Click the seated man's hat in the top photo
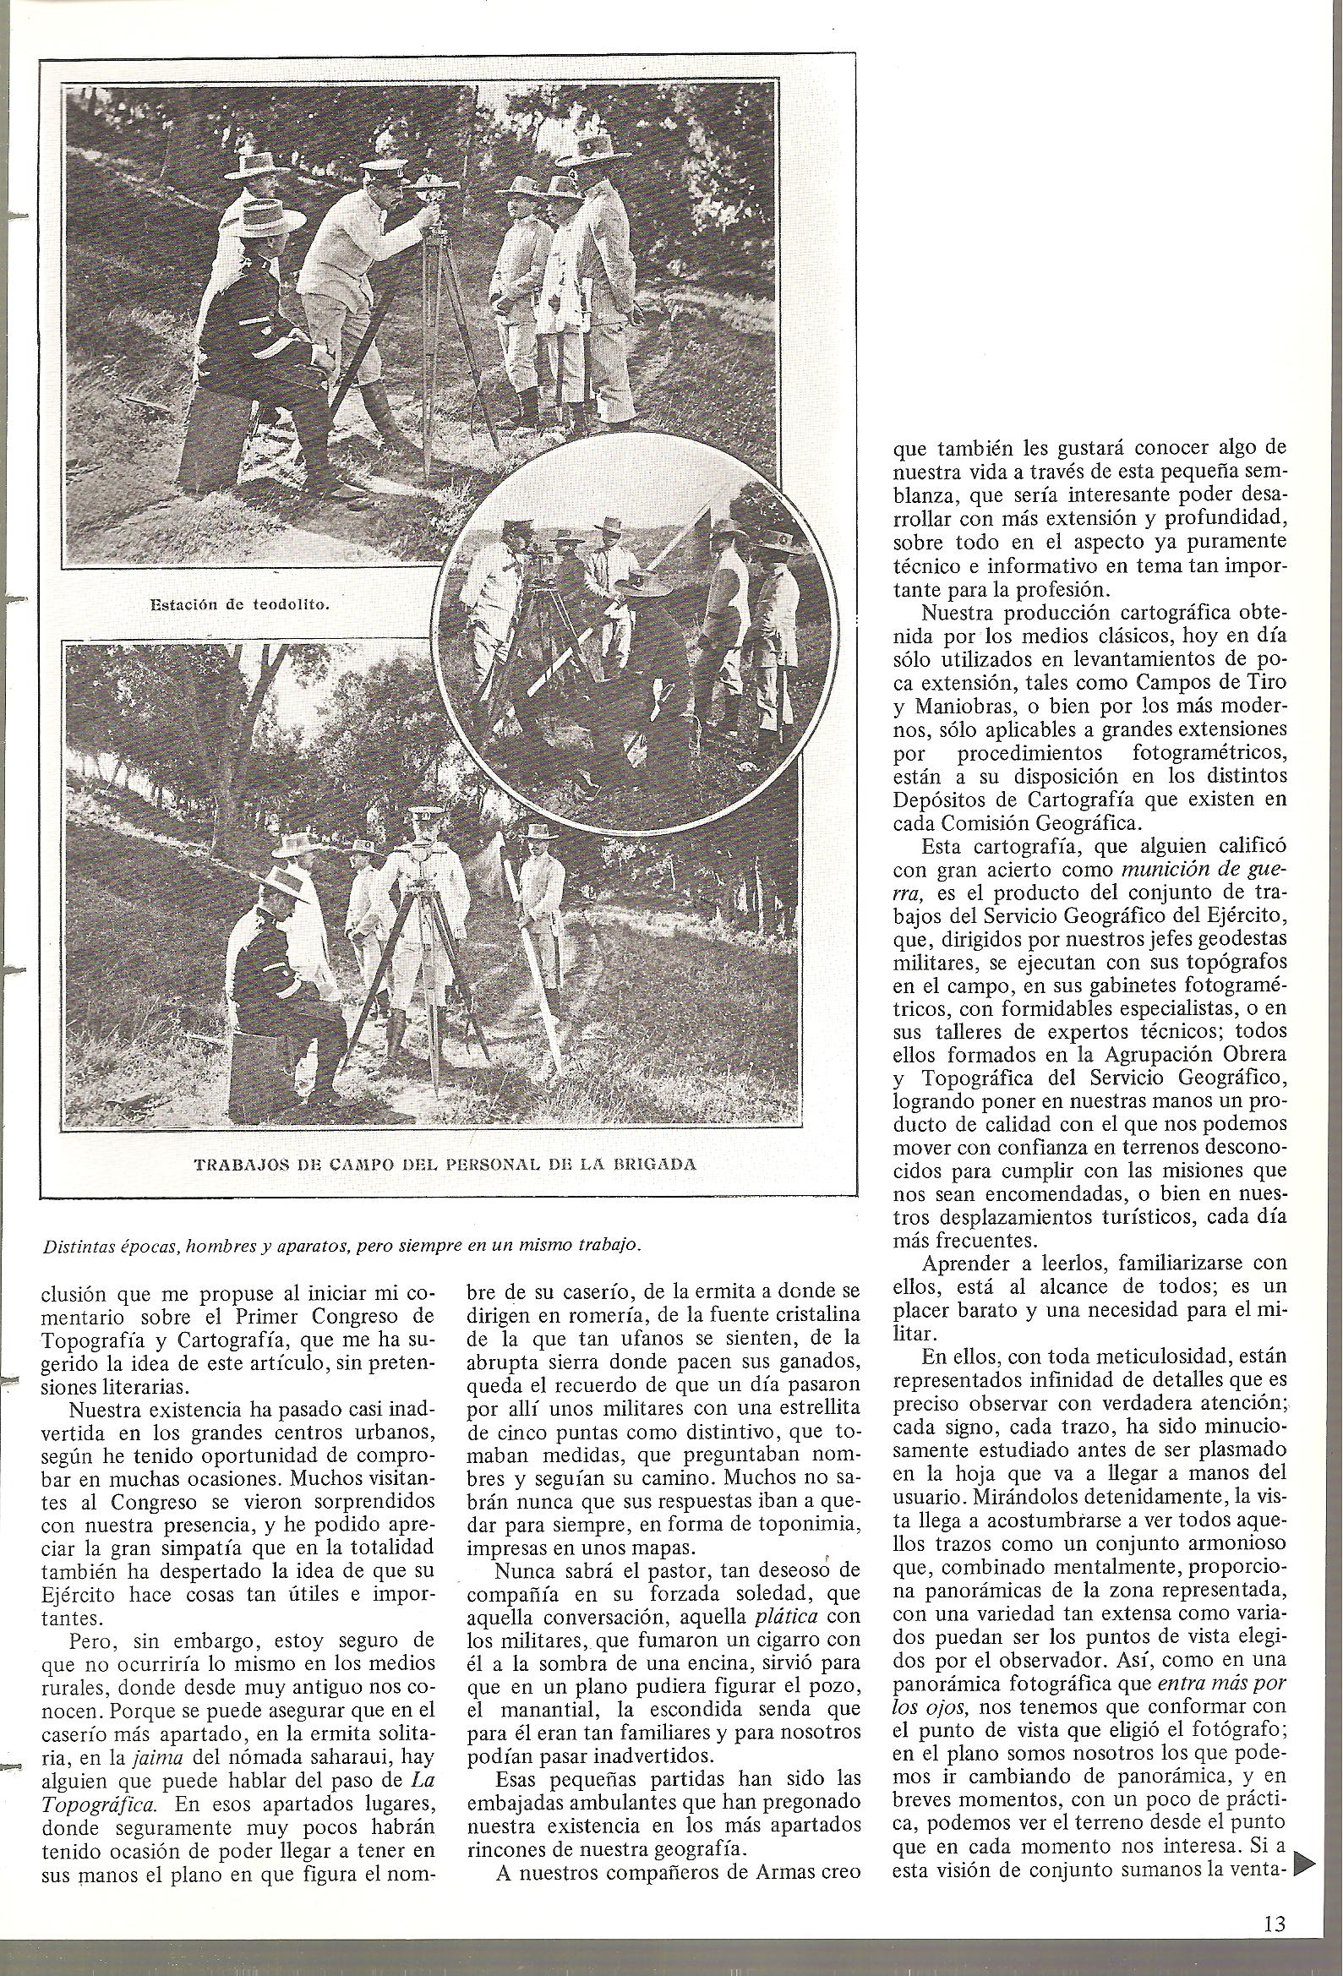[x=270, y=221]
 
